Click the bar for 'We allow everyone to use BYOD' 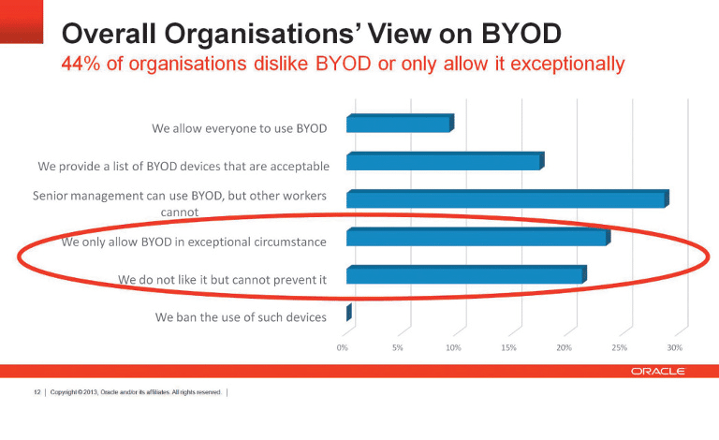399,124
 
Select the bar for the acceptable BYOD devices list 444,162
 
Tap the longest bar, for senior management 506,199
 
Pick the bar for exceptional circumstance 477,238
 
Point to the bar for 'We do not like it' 464,275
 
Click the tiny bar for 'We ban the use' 348,313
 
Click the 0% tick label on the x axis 343,347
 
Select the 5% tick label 398,347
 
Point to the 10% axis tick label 453,347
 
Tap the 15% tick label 508,347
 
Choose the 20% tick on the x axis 564,347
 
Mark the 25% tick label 619,347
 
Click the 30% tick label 674,347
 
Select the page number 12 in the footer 37,392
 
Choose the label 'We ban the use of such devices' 241,316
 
